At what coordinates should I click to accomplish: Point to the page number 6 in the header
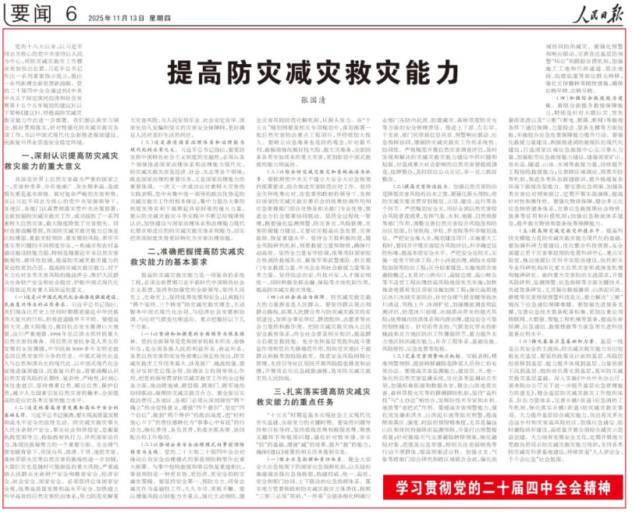71,12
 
